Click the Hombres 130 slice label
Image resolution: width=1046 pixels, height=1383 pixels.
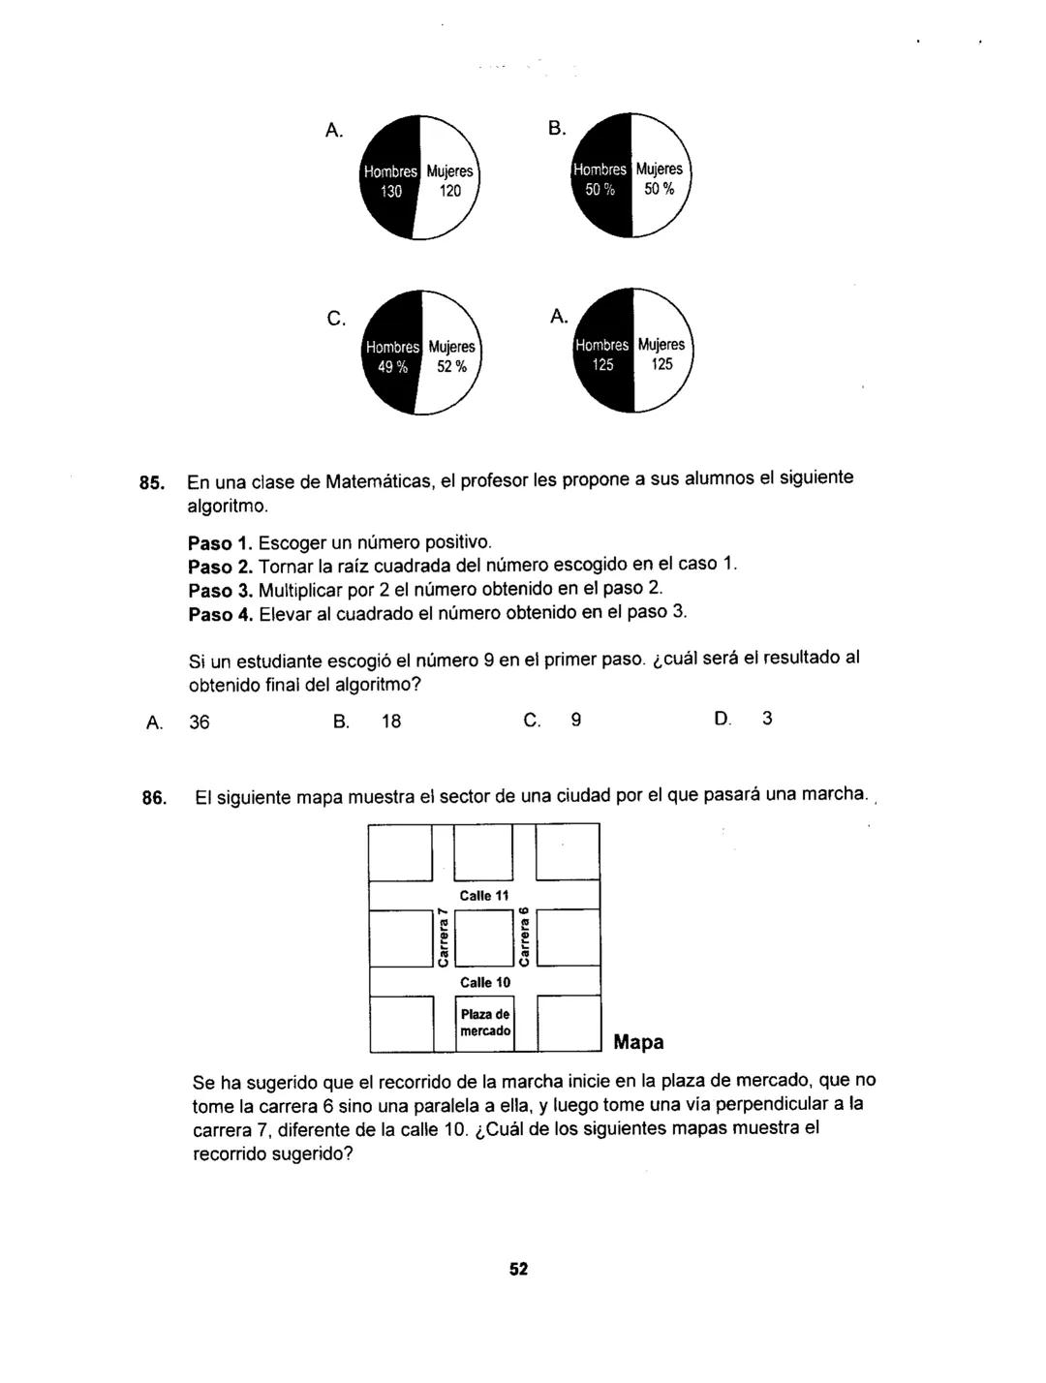(390, 181)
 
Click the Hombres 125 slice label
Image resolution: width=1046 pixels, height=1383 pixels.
(602, 354)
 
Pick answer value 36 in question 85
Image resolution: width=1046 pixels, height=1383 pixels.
(200, 722)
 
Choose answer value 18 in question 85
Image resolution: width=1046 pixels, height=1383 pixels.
(391, 722)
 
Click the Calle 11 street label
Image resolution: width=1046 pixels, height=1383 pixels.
(484, 896)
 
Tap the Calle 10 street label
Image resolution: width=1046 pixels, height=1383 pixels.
(484, 982)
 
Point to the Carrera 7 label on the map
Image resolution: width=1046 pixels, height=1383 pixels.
(443, 937)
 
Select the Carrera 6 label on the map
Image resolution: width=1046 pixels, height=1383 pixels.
(524, 937)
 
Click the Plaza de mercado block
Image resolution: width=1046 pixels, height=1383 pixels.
(484, 1024)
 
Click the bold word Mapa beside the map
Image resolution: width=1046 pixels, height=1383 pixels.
(639, 1043)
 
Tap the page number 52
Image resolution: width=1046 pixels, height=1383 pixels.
(519, 1269)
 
